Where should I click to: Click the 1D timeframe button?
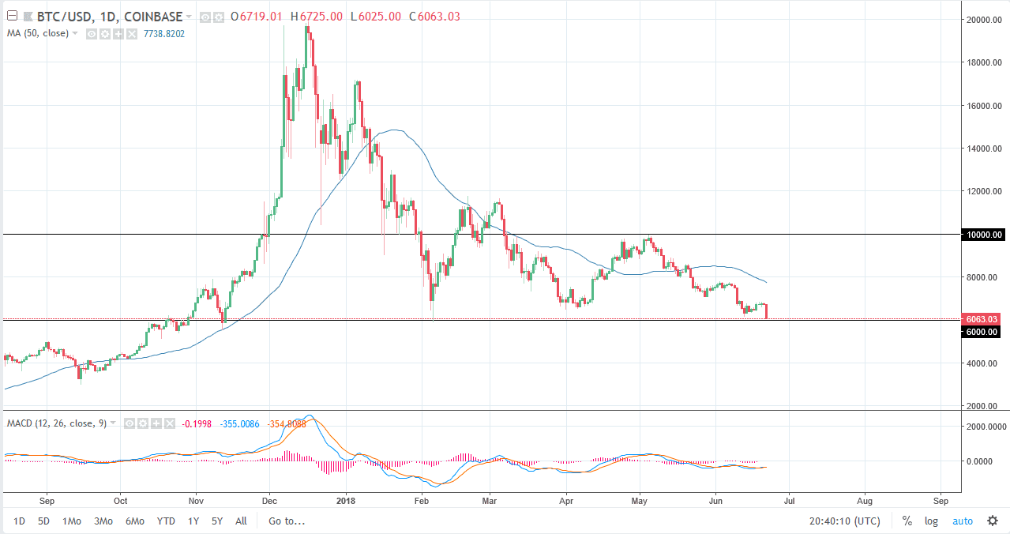coord(19,521)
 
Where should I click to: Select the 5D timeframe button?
coord(44,521)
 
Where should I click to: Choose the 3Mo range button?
coord(103,521)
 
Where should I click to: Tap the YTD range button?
coord(166,521)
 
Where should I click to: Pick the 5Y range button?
coord(217,521)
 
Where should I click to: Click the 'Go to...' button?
coord(287,521)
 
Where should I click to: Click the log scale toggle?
coord(932,521)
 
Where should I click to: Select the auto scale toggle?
coord(963,521)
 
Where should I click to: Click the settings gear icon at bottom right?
coord(992,521)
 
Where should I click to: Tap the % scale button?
coord(907,521)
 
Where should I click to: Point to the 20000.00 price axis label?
coord(983,20)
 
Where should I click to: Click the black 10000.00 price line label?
coord(983,235)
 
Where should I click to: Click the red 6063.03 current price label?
coord(982,319)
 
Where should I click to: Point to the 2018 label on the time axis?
coord(345,500)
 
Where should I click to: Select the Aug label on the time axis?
coord(865,500)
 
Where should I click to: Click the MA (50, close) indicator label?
coord(38,33)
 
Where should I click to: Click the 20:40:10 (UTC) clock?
coord(845,521)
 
